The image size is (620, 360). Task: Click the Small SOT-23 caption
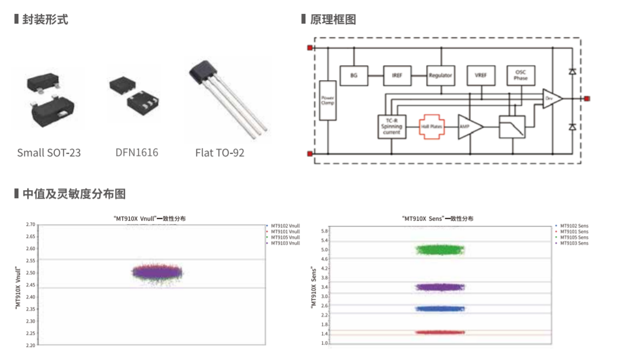pyautogui.click(x=49, y=153)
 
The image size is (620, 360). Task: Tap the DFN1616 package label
pyautogui.click(x=136, y=153)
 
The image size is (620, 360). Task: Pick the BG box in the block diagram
pyautogui.click(x=354, y=75)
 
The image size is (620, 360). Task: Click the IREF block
pyautogui.click(x=397, y=75)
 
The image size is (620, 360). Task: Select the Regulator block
pyautogui.click(x=441, y=75)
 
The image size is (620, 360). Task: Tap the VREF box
pyautogui.click(x=481, y=75)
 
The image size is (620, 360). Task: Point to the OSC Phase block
pyautogui.click(x=521, y=75)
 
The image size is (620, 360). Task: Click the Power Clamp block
pyautogui.click(x=327, y=100)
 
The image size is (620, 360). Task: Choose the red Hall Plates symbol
pyautogui.click(x=432, y=126)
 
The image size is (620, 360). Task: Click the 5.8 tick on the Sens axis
pyautogui.click(x=324, y=230)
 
